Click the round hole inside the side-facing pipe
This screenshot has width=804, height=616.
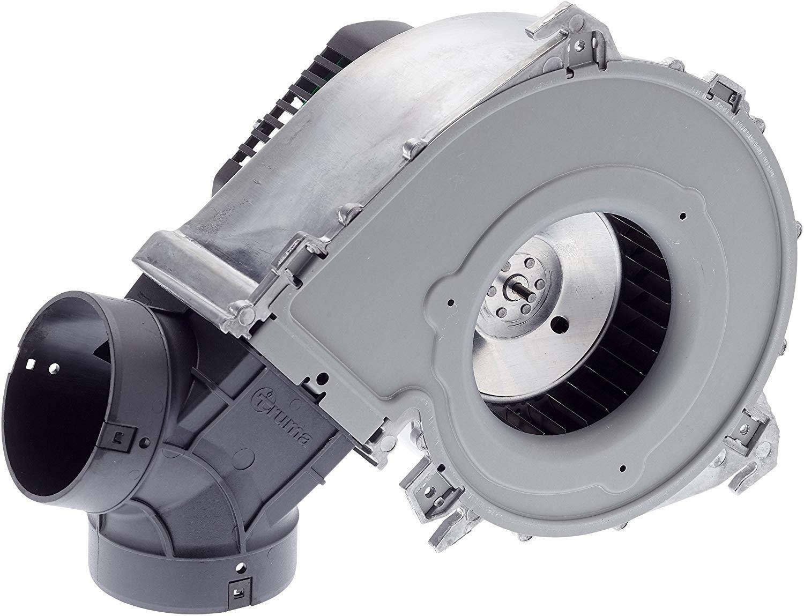[54, 368]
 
